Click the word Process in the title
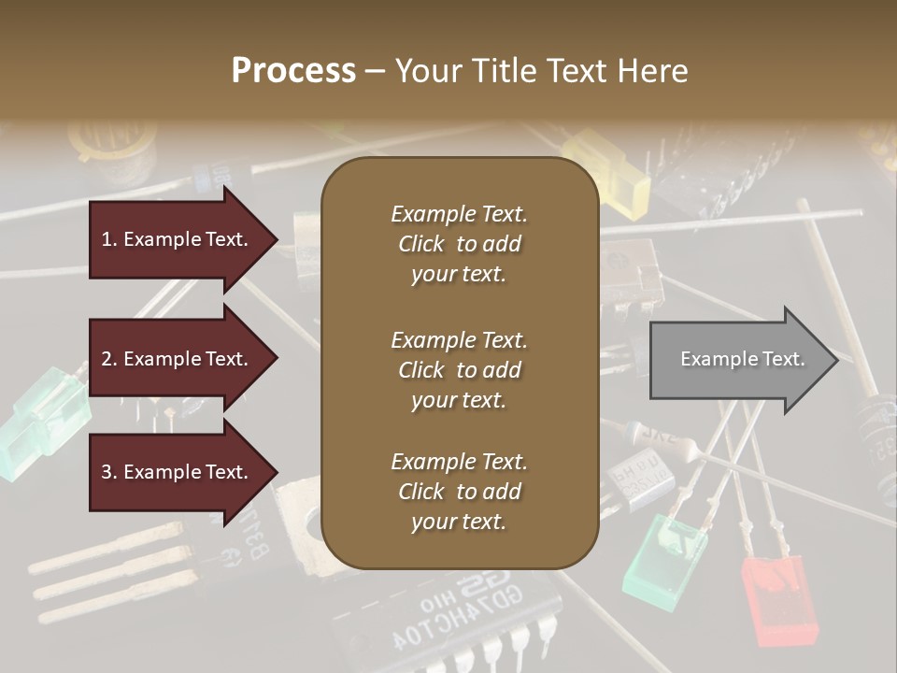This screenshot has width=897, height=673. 293,70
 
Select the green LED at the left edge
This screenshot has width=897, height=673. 42,420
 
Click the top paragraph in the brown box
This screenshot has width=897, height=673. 459,244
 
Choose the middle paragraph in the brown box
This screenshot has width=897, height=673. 459,370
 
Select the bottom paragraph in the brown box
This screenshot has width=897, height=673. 459,492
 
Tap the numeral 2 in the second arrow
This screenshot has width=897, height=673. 106,359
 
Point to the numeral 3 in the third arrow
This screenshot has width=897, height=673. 106,472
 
